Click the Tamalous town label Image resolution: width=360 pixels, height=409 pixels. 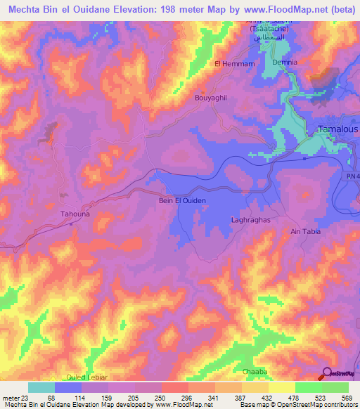pos(337,129)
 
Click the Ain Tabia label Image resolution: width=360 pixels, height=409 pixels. pos(304,231)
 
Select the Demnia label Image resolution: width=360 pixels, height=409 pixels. pos(285,62)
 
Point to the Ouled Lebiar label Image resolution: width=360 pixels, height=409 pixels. pos(86,377)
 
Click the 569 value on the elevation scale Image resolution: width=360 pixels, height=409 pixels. pos(345,397)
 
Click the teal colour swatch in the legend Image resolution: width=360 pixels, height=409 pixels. pos(41,387)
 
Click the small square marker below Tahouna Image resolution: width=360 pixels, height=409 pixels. pos(71,225)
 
